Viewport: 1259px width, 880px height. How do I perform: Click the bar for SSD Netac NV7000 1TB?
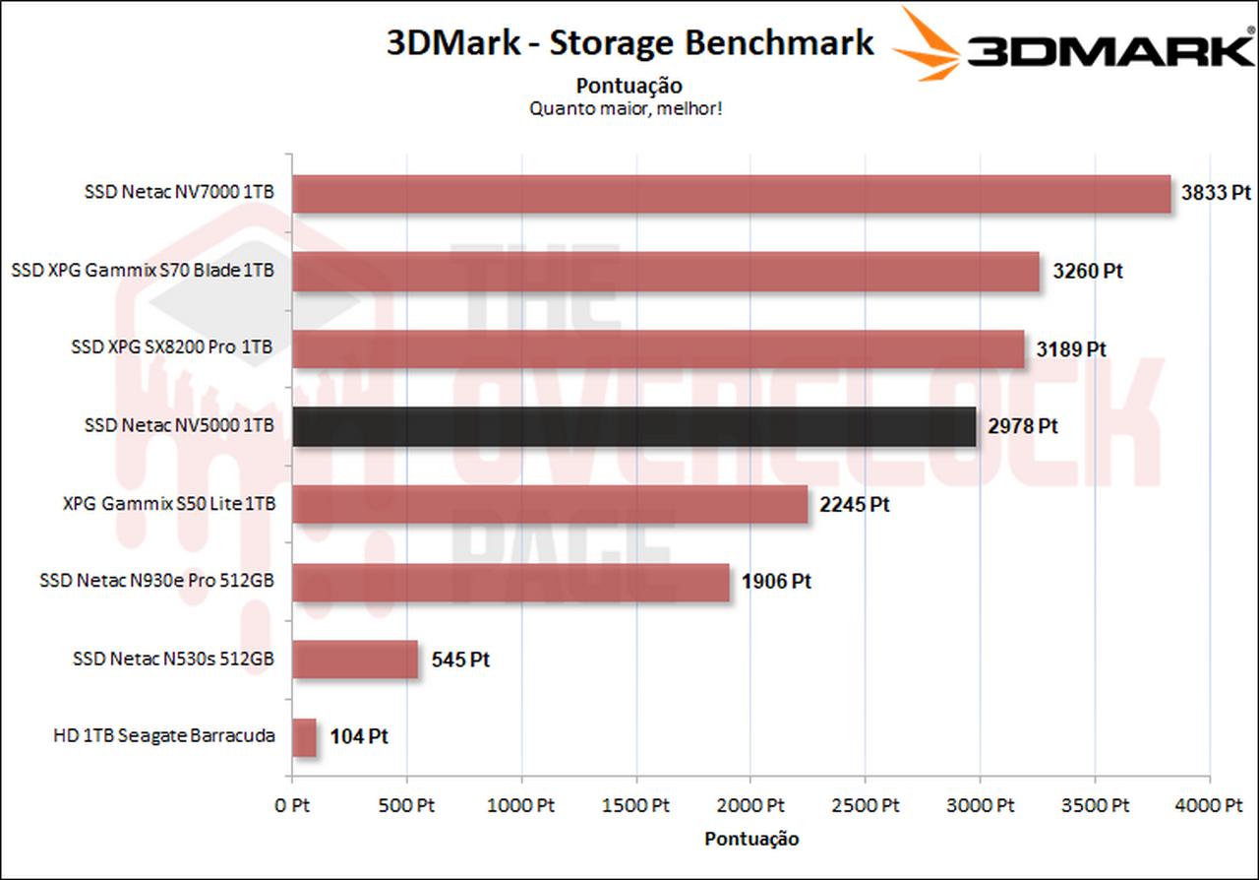point(731,194)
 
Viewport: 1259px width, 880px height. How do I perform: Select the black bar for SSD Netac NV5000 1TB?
point(633,427)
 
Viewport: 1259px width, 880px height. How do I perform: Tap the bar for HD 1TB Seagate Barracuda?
point(304,737)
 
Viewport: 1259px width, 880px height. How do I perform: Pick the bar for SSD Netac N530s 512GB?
point(355,660)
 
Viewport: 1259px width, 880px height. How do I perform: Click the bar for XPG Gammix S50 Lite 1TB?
point(549,504)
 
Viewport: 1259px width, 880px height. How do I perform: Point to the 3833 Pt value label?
point(1218,194)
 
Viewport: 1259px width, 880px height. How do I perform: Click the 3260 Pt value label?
point(1087,272)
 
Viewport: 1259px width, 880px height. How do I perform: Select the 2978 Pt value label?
point(1023,427)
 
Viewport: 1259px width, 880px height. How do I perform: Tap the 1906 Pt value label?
point(776,582)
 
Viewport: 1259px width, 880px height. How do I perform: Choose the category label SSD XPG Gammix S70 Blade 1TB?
point(143,270)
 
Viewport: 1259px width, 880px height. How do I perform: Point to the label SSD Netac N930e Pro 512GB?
point(156,581)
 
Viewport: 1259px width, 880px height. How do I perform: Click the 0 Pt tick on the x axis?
point(292,805)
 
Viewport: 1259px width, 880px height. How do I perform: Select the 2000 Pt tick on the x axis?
point(750,805)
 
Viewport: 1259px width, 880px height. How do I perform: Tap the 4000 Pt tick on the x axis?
point(1209,805)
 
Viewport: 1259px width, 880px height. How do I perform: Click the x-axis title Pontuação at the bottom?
point(751,840)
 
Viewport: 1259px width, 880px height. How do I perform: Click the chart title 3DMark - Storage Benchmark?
point(629,43)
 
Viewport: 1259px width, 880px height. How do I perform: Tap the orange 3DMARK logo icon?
point(928,44)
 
